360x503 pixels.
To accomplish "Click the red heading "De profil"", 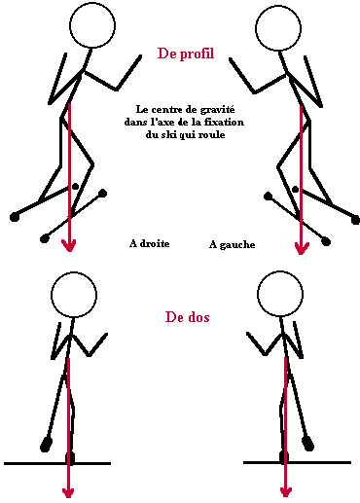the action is coord(186,54).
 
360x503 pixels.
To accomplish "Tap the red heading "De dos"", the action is coord(187,317).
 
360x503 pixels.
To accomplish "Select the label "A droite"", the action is coord(149,243).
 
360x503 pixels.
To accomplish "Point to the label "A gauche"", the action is coord(232,244).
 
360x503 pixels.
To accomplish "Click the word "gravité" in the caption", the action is coord(217,110).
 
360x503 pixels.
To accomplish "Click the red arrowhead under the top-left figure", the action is coord(69,245).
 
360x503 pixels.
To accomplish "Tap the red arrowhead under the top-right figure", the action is coord(302,248).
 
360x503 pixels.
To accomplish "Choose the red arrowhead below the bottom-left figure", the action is coord(68,492).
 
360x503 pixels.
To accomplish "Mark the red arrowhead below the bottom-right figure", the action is coord(285,491).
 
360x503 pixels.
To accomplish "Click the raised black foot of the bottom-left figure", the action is coord(46,445).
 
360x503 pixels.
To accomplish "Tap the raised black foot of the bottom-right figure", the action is coord(307,444).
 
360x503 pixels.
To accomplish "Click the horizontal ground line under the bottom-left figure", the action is coord(57,464).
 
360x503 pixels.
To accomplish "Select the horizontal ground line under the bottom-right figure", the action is coord(297,462).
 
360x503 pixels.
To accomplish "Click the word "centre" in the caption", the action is coord(164,110).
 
